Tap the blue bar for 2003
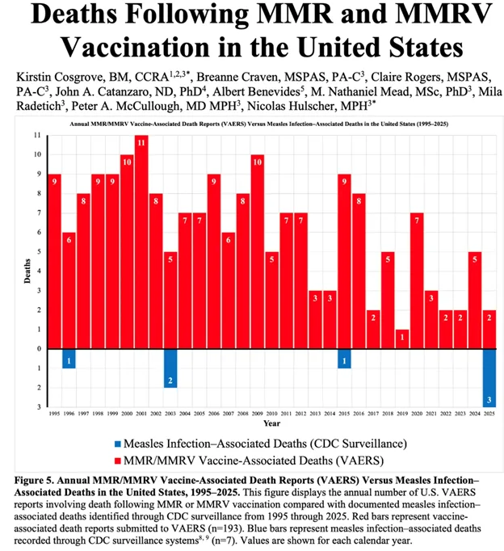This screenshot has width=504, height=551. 170,368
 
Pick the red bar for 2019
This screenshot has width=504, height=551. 402,339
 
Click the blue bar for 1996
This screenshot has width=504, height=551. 69,358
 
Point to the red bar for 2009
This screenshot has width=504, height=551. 258,251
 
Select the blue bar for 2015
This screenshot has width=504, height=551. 344,358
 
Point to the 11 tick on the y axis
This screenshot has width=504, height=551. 37,135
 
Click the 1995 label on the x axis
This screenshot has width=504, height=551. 54,412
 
